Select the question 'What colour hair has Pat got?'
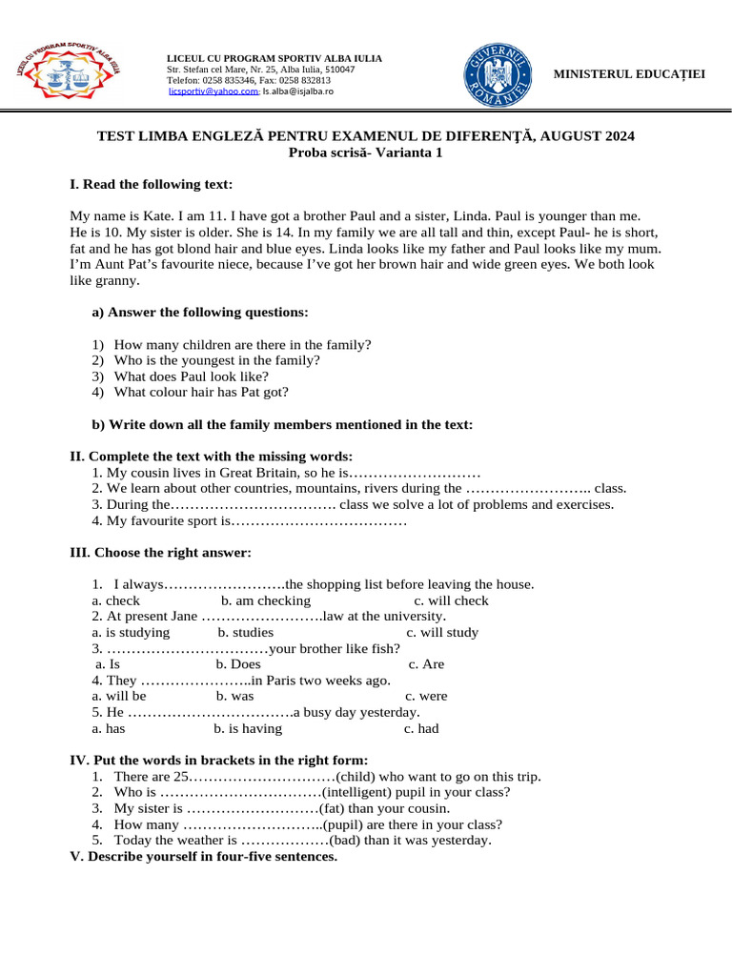click(x=200, y=392)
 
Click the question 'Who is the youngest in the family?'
click(x=216, y=360)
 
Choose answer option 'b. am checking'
click(x=266, y=600)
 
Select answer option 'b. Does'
click(x=238, y=664)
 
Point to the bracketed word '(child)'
click(x=358, y=776)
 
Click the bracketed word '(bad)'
click(x=349, y=841)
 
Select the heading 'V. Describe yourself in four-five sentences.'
click(x=204, y=856)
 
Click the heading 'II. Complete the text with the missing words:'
click(x=212, y=457)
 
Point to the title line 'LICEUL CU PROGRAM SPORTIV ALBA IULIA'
click(x=274, y=59)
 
